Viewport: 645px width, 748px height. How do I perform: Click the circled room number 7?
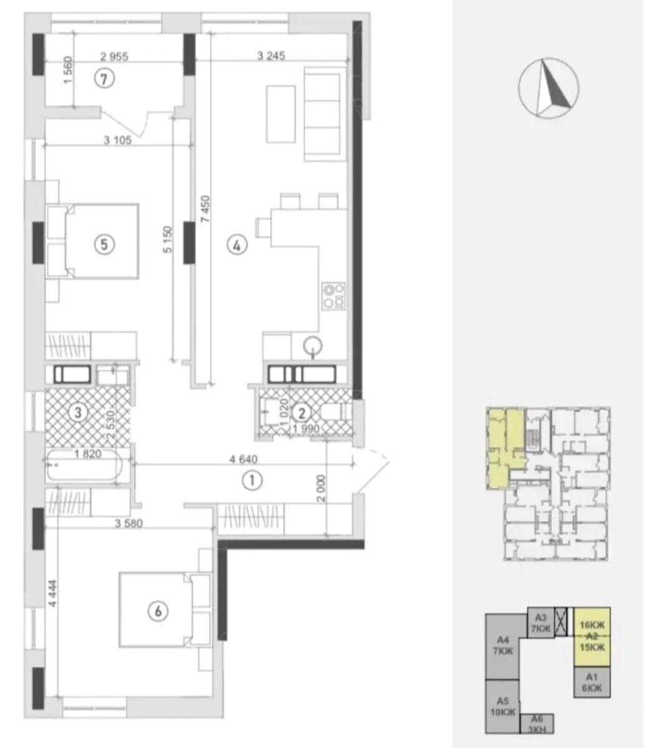click(104, 79)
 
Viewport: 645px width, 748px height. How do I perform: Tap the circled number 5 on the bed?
click(104, 245)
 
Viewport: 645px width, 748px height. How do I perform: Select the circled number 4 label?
click(237, 246)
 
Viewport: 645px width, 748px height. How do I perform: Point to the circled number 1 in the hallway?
click(253, 480)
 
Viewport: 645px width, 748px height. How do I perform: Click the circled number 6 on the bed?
click(158, 611)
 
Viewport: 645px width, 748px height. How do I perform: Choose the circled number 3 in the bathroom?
click(78, 413)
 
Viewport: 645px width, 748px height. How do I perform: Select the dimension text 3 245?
click(271, 55)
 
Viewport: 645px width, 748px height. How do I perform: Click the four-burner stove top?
click(333, 296)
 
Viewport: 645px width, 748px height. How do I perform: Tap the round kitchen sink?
click(312, 345)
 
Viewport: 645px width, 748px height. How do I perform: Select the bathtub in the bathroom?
click(84, 466)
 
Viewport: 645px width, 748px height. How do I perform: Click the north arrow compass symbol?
click(548, 88)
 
